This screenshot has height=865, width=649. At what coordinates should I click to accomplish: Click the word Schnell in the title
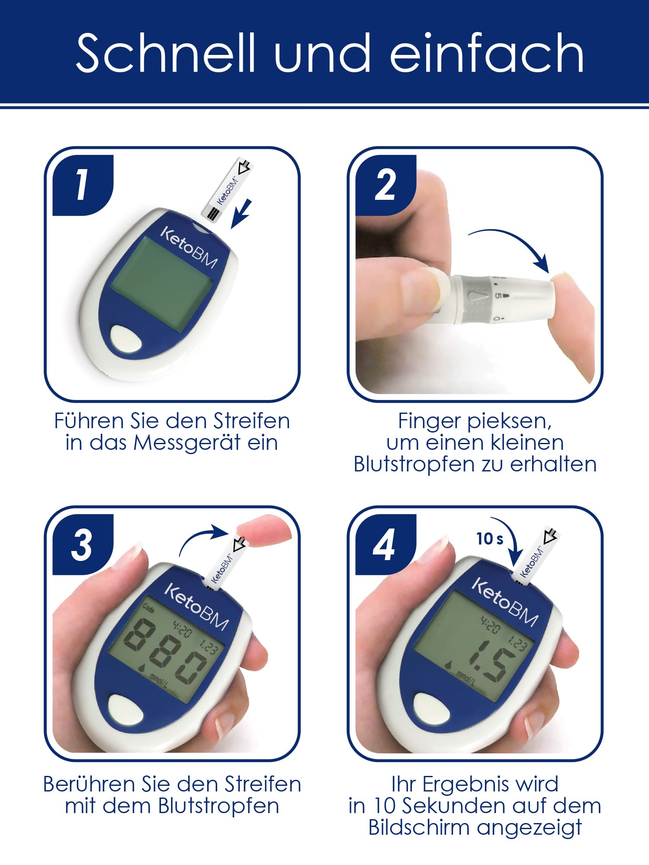[166, 53]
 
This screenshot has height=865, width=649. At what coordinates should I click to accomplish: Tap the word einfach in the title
[487, 53]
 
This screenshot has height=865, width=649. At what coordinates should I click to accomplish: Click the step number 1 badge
[83, 185]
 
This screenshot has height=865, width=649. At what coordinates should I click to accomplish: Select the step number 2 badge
[386, 185]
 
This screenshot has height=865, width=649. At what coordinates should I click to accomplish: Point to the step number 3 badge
[83, 545]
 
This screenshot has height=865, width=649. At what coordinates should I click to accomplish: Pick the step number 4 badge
[386, 545]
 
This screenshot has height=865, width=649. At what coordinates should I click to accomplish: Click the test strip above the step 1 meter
[228, 190]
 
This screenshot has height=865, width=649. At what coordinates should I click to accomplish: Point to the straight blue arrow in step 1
[241, 213]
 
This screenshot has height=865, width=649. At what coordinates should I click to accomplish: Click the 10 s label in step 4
[490, 538]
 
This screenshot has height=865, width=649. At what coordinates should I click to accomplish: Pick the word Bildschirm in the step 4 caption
[419, 828]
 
